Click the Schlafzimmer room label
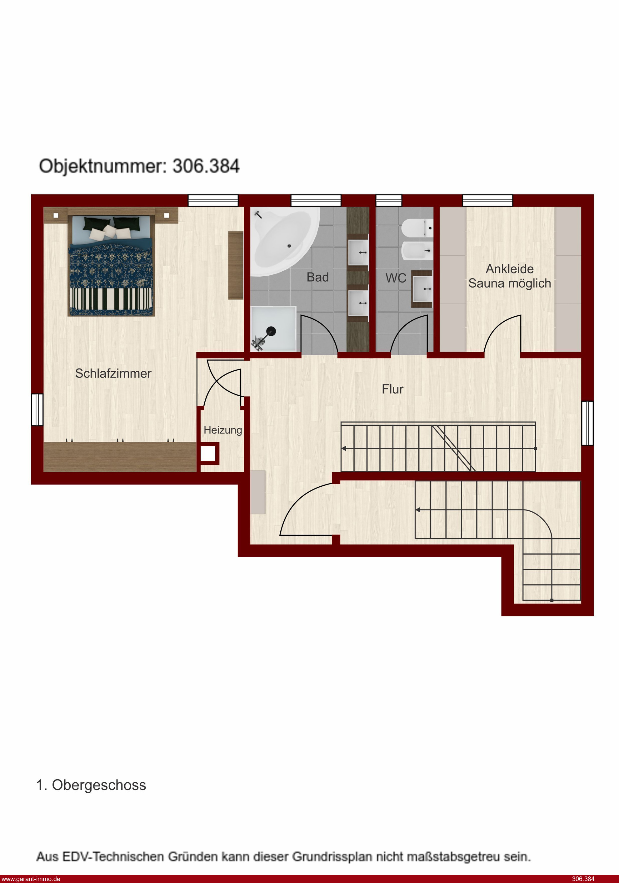113,374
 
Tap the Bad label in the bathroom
317,277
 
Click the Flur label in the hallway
392,389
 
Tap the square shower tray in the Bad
273,329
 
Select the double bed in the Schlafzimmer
111,265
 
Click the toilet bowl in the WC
417,228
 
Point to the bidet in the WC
417,251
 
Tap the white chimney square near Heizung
208,454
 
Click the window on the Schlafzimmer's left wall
37,409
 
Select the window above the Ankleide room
487,200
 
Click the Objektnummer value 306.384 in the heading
206,166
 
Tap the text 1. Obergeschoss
91,785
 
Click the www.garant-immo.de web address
30,879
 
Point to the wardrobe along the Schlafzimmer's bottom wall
120,456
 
